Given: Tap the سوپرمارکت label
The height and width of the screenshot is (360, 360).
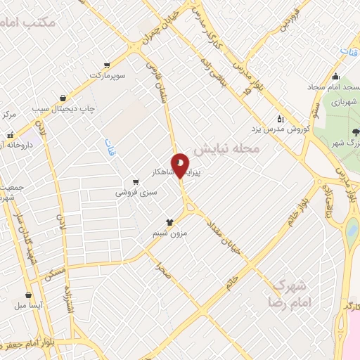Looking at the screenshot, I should coord(107,75).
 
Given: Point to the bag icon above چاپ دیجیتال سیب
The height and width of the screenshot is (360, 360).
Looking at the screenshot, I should coord(64,98).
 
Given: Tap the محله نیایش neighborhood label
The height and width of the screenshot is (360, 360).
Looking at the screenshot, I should coord(227,149).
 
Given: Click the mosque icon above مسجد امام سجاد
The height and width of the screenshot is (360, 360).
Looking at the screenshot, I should coord(335,77).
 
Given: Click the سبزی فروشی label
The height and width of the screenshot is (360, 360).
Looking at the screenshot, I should coord(134,191).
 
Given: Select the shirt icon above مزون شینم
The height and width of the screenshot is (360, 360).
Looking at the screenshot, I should coord(169,221).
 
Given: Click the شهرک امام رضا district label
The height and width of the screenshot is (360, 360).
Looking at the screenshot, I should coord(288,293).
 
